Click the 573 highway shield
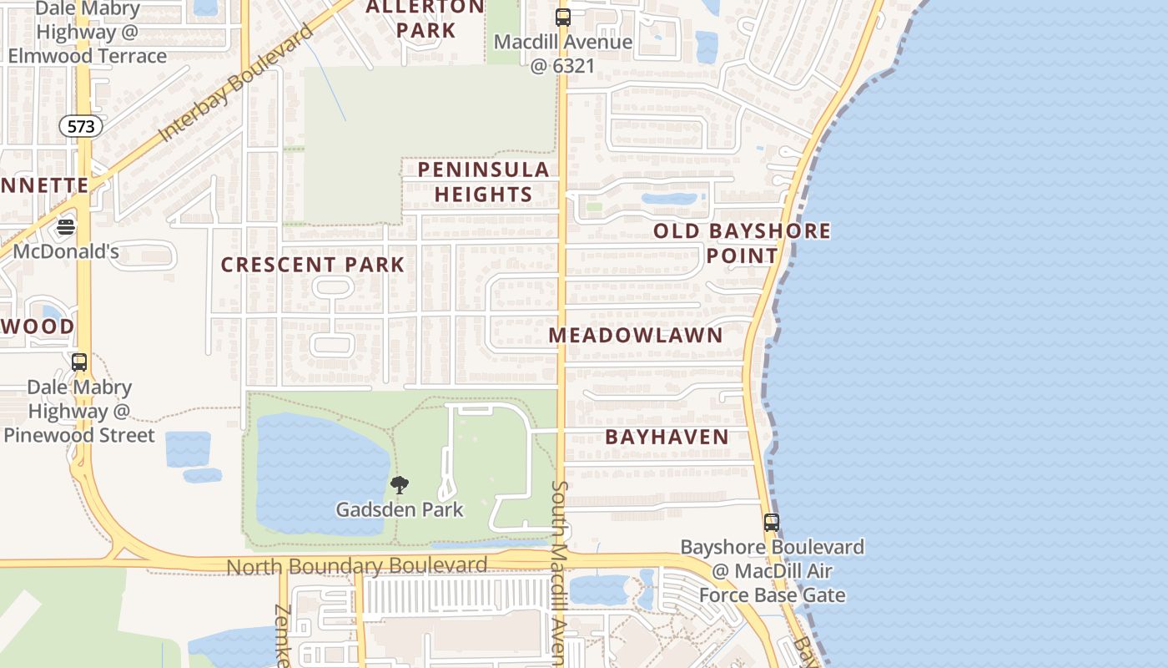click(81, 126)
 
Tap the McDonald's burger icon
click(66, 227)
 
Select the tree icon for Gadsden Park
click(400, 485)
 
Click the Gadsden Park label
click(400, 509)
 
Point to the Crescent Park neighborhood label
click(313, 265)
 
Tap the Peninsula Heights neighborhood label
click(484, 182)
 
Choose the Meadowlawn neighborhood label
click(636, 335)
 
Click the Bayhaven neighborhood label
click(667, 436)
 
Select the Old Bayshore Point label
click(742, 243)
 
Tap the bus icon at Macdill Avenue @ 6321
click(563, 17)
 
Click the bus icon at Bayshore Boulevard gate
click(772, 523)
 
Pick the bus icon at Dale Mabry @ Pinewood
click(79, 362)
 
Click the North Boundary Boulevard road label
click(357, 566)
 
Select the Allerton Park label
click(425, 18)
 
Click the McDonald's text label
click(67, 251)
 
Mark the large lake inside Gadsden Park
click(321, 476)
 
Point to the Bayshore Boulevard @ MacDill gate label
click(772, 571)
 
